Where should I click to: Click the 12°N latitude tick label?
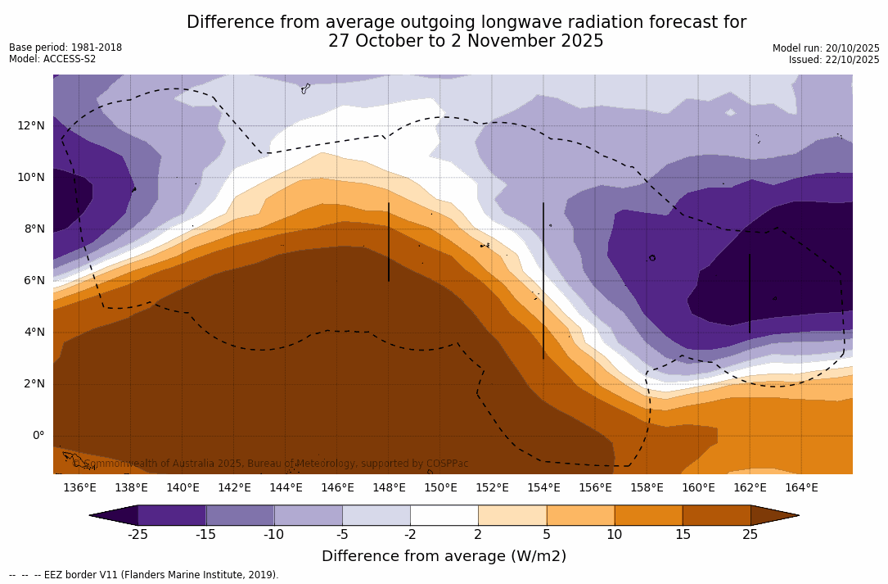pos(31,125)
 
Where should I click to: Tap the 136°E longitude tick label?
pos(79,487)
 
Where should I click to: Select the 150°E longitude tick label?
pos(440,487)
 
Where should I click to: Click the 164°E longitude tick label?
pos(801,487)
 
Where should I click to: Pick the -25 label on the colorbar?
pos(137,535)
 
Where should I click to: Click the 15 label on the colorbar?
pos(682,535)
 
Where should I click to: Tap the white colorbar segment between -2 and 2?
pos(444,515)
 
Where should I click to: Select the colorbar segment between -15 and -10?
pos(240,515)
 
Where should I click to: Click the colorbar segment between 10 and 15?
pos(648,515)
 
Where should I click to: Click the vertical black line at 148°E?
pos(389,242)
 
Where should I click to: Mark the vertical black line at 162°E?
pos(750,292)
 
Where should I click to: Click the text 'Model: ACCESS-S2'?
pos(52,59)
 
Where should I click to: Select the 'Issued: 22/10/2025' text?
pos(834,60)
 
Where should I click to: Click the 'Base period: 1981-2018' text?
pos(65,48)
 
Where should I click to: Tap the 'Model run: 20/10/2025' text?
pos(826,48)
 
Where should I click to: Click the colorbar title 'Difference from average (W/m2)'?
pos(444,556)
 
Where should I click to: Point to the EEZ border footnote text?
pos(144,575)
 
